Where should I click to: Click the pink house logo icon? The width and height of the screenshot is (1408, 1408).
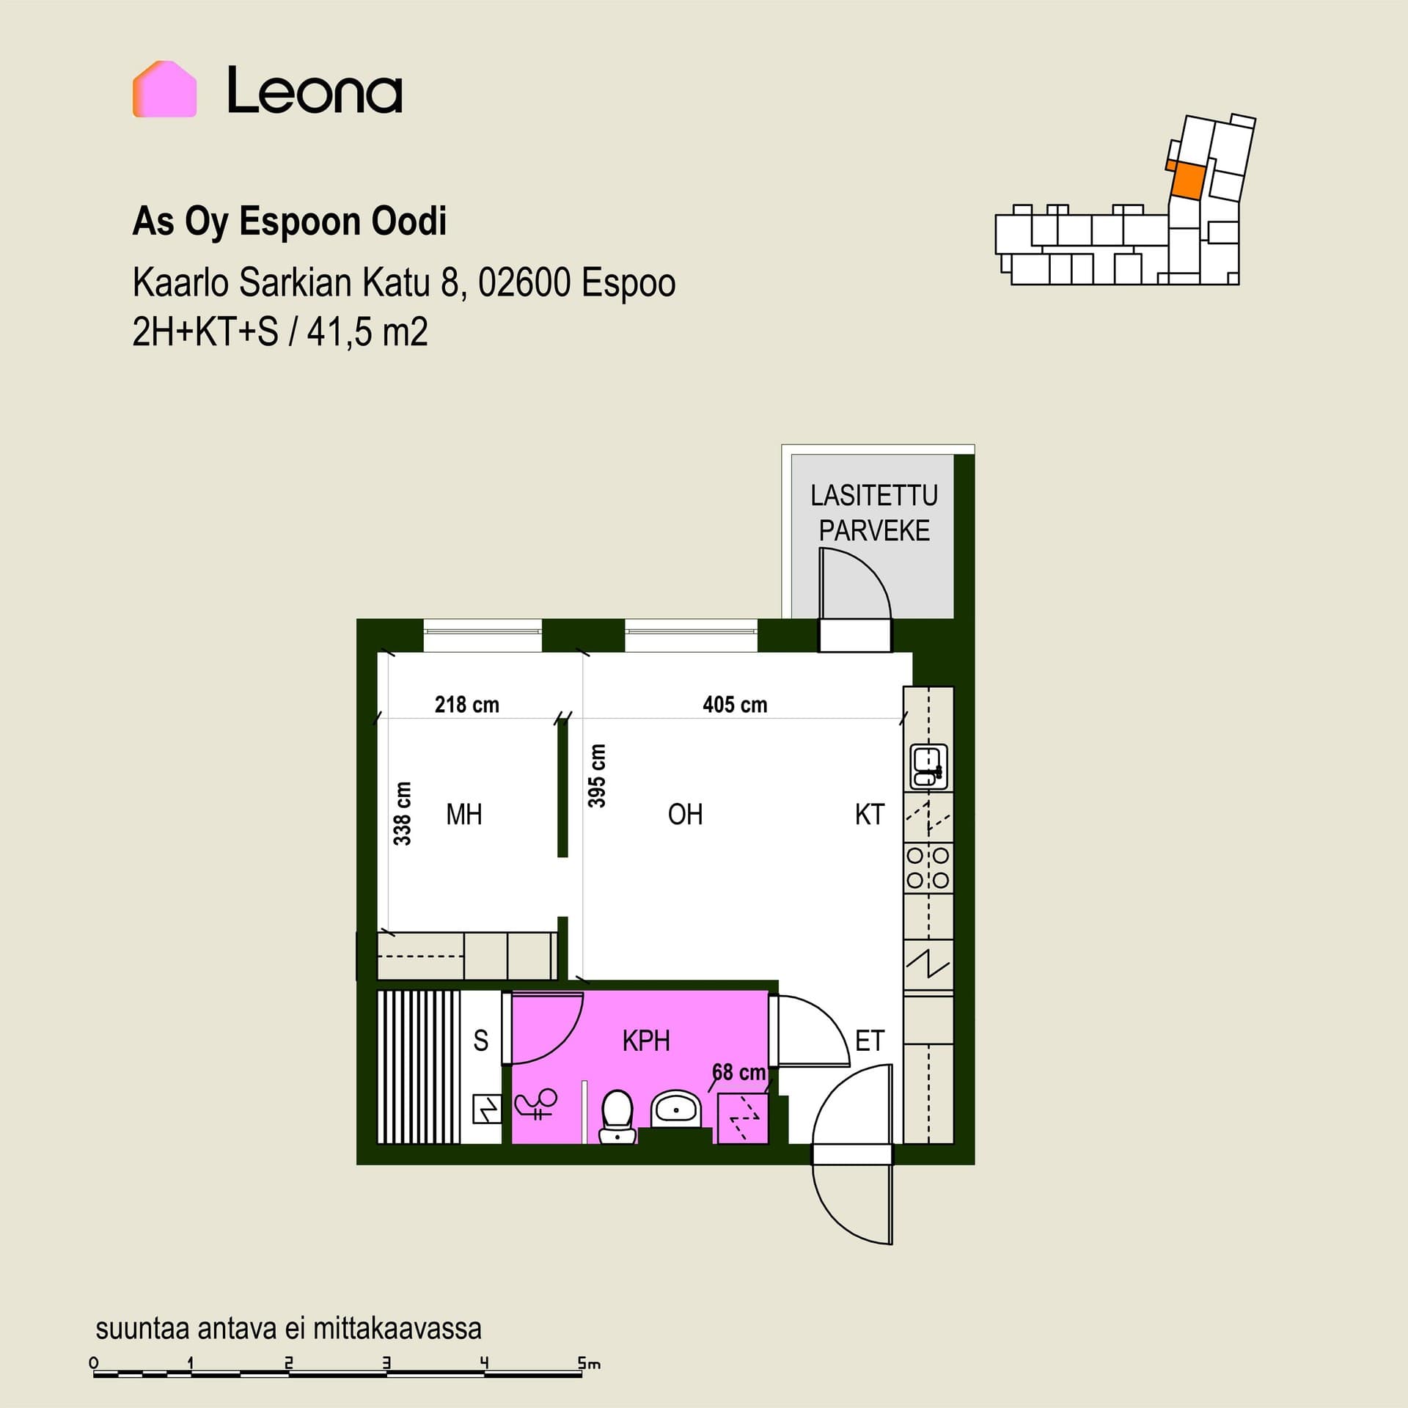coord(164,89)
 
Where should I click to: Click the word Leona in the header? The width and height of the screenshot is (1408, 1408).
coord(315,90)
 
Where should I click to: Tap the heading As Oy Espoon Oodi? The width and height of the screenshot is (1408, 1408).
coord(289,221)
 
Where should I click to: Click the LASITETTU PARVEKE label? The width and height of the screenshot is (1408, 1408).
coord(874,513)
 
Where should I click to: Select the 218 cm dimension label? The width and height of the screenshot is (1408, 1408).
coord(466,705)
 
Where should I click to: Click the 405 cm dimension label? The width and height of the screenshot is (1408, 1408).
coord(735,705)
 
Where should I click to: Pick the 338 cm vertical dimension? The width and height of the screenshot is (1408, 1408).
coord(403,813)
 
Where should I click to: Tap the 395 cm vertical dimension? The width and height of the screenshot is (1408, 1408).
coord(597,775)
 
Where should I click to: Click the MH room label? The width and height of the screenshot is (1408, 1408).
coord(464,814)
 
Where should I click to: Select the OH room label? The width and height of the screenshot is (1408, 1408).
coord(685,814)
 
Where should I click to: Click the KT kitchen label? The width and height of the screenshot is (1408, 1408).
coord(870,814)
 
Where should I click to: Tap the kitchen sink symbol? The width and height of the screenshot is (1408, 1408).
coord(928,767)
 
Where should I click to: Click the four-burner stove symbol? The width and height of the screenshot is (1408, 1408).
coord(928,868)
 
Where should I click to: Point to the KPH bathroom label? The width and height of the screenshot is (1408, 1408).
coord(646,1041)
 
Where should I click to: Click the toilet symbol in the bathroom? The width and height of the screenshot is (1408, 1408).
coord(617,1117)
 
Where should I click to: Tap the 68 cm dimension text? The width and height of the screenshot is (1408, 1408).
coord(739,1072)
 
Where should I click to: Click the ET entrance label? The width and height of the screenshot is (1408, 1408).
coord(870,1041)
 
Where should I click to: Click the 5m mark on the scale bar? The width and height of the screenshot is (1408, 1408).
coord(589,1364)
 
